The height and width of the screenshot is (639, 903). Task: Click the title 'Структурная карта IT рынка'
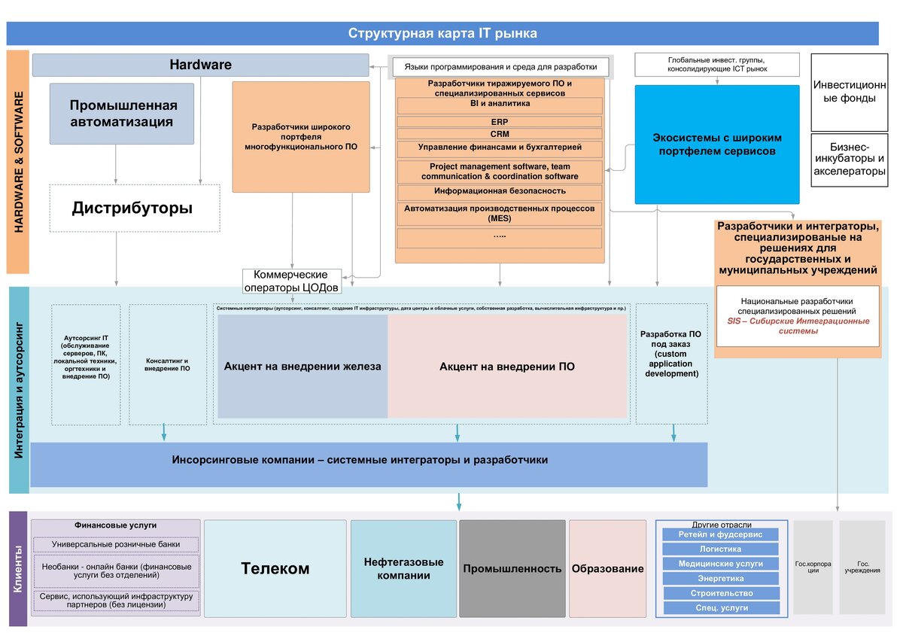(x=442, y=33)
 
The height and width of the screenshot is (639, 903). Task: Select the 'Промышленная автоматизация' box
(x=122, y=114)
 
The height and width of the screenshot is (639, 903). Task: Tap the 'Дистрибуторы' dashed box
(x=132, y=208)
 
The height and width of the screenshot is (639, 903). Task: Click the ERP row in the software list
(x=499, y=121)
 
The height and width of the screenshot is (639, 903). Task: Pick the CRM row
(x=499, y=134)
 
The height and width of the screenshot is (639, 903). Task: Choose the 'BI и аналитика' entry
(x=499, y=105)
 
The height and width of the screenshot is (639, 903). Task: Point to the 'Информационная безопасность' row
(x=499, y=191)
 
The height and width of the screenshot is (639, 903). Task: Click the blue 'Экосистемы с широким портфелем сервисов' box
(x=716, y=145)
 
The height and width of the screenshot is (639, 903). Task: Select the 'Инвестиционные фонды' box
(x=849, y=92)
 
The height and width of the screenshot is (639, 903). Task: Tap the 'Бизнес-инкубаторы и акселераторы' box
(x=849, y=160)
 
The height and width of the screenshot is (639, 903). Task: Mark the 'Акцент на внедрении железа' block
(x=303, y=367)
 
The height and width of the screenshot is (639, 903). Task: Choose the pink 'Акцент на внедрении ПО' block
(x=507, y=367)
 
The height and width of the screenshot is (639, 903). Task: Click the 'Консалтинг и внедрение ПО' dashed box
(x=168, y=364)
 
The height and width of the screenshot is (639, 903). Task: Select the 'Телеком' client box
(x=275, y=568)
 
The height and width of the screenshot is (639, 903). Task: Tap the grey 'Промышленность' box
(x=512, y=568)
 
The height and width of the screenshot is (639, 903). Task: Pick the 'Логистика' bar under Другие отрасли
(x=720, y=549)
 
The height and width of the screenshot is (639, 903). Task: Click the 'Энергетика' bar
(x=720, y=578)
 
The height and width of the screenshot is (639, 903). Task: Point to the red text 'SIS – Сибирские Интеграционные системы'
(x=798, y=326)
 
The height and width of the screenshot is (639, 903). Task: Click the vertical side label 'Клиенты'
(x=17, y=570)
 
